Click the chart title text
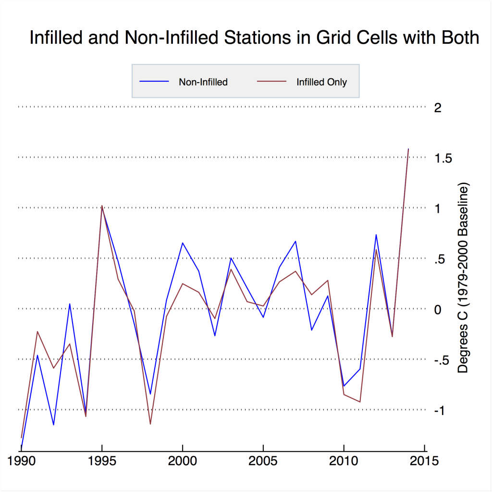pyautogui.click(x=254, y=38)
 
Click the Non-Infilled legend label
pyautogui.click(x=203, y=82)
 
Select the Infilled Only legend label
pyautogui.click(x=321, y=82)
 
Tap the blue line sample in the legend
pyautogui.click(x=154, y=81)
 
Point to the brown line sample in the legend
pyautogui.click(x=271, y=81)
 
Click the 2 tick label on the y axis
pyautogui.click(x=437, y=108)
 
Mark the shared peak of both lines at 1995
pyautogui.click(x=102, y=206)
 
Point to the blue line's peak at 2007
pyautogui.click(x=295, y=241)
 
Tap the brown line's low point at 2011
pyautogui.click(x=360, y=402)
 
